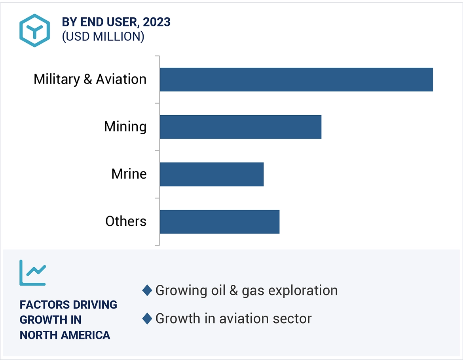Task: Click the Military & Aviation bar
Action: point(296,80)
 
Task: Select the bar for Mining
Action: point(240,127)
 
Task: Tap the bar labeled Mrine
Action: point(211,174)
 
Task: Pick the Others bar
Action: point(219,221)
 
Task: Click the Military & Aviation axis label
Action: point(90,79)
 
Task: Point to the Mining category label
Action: point(125,127)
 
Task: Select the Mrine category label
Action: point(129,174)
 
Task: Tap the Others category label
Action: point(125,221)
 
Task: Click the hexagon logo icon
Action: point(34,30)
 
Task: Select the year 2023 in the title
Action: point(157,23)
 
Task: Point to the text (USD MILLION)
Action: point(103,36)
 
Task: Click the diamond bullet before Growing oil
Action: point(147,290)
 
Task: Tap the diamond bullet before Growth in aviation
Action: point(147,318)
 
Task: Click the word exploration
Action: point(303,290)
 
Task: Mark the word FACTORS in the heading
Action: point(42,305)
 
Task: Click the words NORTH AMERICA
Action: point(65,335)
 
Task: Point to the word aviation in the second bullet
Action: point(237,318)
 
